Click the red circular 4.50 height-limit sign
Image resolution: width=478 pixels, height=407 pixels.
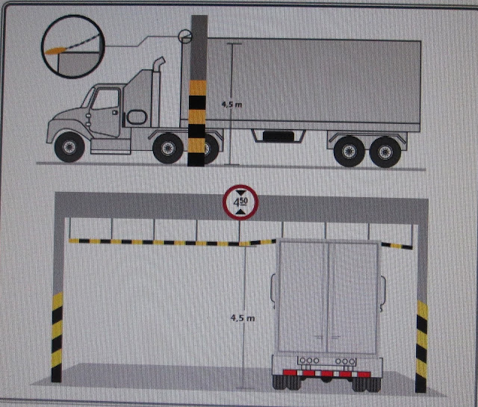[x=238, y=202]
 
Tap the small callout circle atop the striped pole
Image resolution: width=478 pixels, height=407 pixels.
[x=184, y=34]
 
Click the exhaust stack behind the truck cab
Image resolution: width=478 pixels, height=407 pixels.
[x=158, y=82]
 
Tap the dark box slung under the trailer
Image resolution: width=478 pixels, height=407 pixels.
[x=279, y=136]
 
